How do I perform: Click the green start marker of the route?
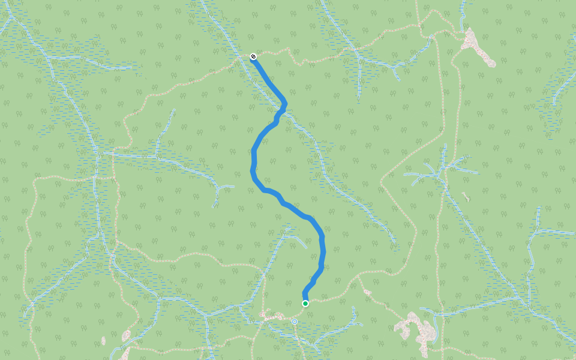(x=305, y=304)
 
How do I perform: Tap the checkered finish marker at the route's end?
(x=253, y=56)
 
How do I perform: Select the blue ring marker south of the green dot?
(x=295, y=322)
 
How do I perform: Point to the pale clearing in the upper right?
(x=478, y=46)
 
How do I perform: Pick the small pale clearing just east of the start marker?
(x=367, y=292)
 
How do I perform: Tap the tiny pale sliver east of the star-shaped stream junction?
(x=466, y=196)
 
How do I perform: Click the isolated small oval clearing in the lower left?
(x=126, y=336)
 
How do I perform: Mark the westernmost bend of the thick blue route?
(x=252, y=171)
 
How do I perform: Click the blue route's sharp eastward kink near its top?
(x=284, y=104)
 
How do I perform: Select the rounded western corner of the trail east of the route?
(x=382, y=179)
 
